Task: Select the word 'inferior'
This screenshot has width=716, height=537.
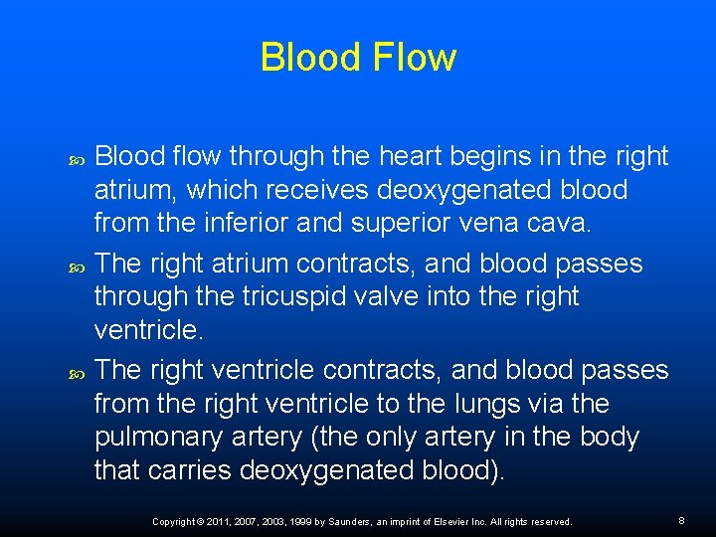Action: (x=244, y=223)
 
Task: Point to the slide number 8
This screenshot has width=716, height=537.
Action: (x=681, y=520)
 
